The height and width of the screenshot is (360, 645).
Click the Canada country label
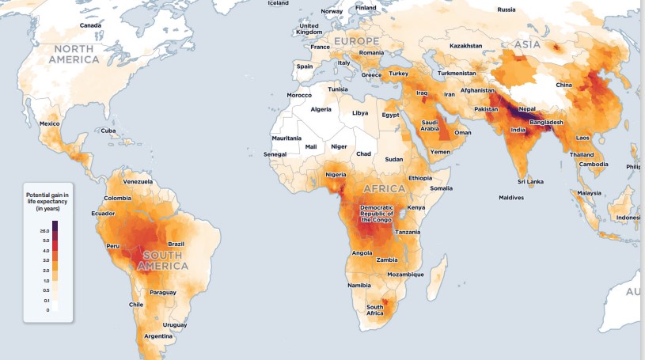click(x=90, y=26)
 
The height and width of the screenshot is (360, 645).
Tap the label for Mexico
click(x=50, y=123)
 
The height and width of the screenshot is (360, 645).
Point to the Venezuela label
click(x=137, y=181)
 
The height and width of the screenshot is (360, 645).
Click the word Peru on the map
click(x=112, y=246)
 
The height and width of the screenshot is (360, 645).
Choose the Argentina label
click(x=158, y=335)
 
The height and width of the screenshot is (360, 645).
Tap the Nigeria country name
click(x=336, y=174)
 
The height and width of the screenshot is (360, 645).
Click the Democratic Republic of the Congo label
click(x=382, y=214)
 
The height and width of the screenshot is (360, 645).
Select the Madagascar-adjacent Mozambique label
click(x=406, y=275)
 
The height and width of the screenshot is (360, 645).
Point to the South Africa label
click(x=375, y=309)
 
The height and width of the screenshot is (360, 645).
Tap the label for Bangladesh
click(x=547, y=122)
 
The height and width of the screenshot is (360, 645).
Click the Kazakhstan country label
click(x=465, y=46)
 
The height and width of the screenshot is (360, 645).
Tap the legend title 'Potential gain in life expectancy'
click(x=48, y=200)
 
